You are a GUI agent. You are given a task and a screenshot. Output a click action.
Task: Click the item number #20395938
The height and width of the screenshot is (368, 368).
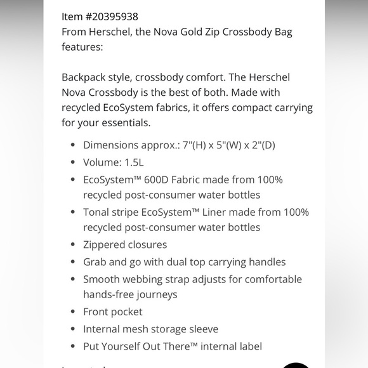click(114, 16)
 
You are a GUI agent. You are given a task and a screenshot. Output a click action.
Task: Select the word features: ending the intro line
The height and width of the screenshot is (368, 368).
click(81, 47)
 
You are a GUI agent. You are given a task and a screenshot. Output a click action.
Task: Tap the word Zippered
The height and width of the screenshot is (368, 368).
click(107, 245)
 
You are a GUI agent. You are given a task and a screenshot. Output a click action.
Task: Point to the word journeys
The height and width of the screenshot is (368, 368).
click(154, 294)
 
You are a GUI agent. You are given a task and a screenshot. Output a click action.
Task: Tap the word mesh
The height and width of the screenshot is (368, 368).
click(145, 329)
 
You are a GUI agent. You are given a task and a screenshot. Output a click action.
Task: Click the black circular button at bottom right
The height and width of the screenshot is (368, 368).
click(296, 365)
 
